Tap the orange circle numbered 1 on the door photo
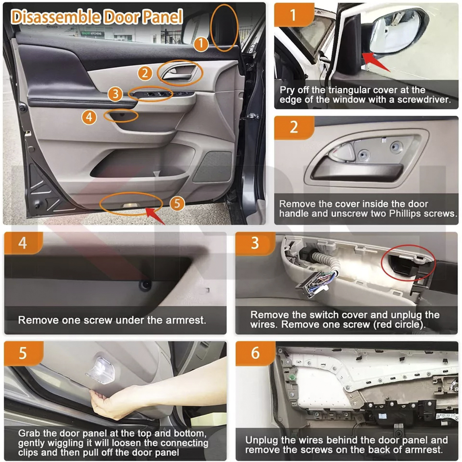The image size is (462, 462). coord(201,43)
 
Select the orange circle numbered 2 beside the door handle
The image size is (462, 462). coord(145,73)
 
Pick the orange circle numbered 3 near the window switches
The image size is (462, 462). coord(115,94)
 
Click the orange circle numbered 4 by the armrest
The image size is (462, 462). coord(89,117)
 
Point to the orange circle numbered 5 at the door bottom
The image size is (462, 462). coord(177,203)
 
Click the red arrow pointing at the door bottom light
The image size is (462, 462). coord(155,215)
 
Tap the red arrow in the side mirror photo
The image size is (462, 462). coord(376,62)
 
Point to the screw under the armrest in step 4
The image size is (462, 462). coord(145,285)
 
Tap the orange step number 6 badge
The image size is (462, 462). coord(255,353)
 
